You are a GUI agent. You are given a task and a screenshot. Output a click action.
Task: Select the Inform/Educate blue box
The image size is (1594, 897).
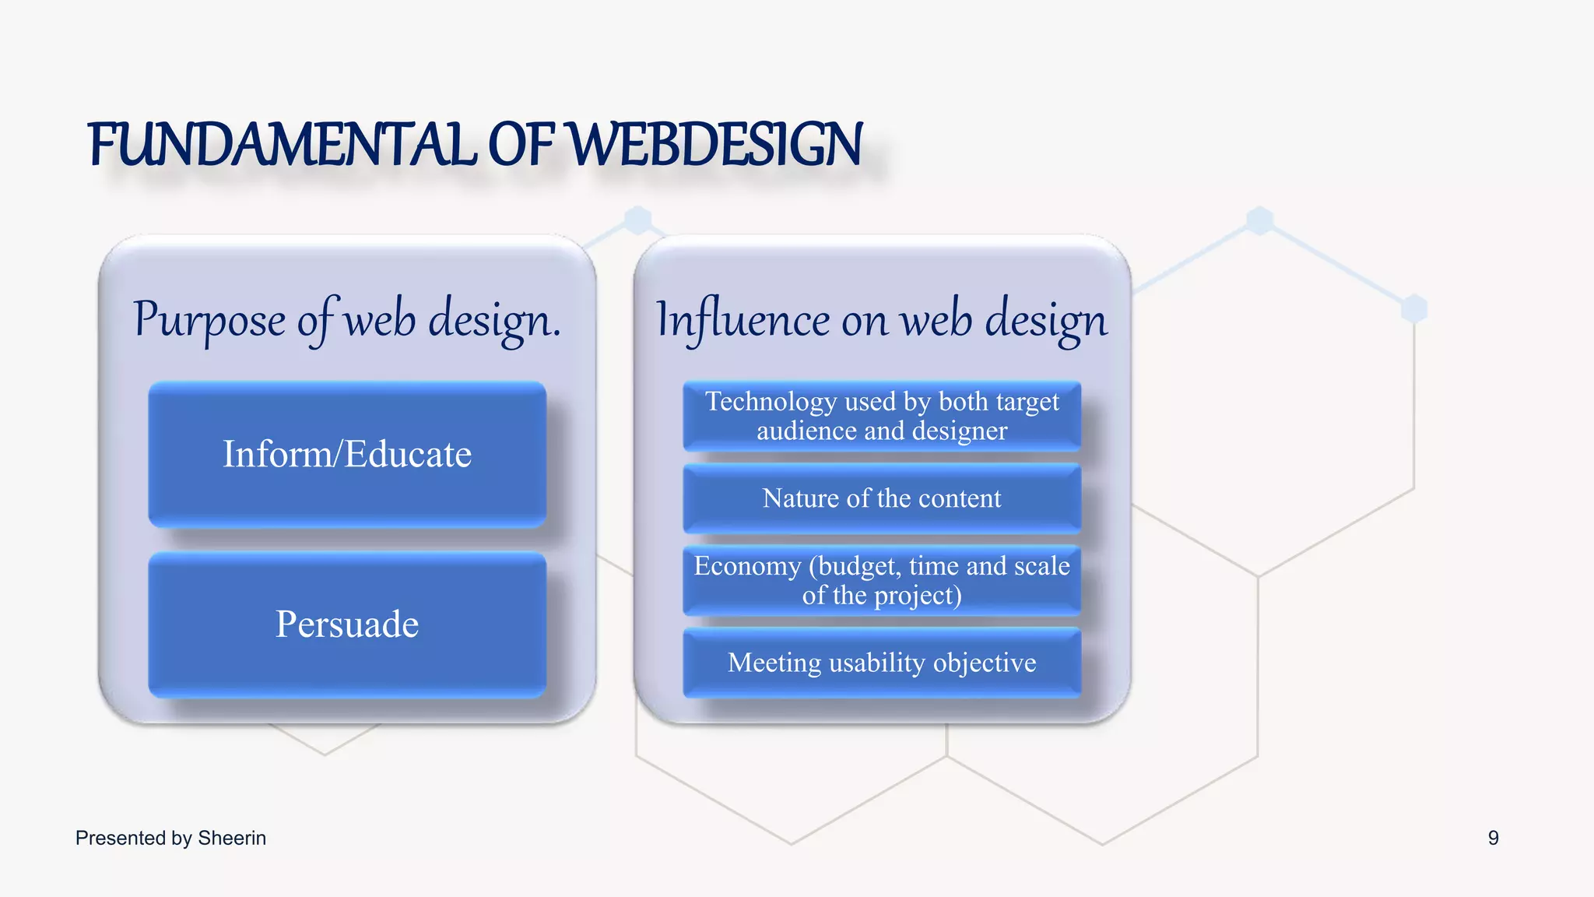[347, 454]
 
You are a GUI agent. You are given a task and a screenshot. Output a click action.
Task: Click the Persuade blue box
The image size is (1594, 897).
[347, 624]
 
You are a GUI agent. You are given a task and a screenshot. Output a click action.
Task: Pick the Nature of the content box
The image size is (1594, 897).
[881, 498]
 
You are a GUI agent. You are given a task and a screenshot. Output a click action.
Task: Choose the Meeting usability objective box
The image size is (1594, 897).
[881, 663]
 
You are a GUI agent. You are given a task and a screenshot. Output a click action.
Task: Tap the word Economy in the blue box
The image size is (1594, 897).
[747, 566]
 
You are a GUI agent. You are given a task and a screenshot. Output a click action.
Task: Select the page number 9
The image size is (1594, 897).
[1493, 838]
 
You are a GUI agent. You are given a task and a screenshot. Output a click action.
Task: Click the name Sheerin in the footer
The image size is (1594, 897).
[232, 838]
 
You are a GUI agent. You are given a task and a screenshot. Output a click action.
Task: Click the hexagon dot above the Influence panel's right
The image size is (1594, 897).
[1259, 220]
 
